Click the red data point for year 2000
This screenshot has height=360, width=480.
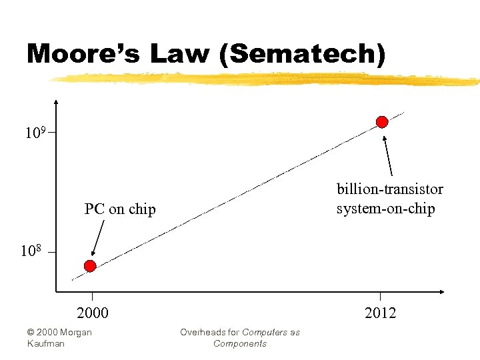tap(90, 266)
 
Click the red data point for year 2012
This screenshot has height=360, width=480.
tap(382, 121)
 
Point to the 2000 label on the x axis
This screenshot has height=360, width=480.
tap(93, 313)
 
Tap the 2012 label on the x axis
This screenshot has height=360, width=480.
tap(380, 313)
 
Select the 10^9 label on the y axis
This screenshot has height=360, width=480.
tap(35, 133)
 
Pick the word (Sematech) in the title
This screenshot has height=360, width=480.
tap(303, 54)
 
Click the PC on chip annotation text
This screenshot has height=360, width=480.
tap(120, 209)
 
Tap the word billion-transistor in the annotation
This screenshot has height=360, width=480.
tap(390, 189)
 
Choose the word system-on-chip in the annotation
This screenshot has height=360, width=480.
tap(385, 209)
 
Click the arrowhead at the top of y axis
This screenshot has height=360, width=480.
tap(56, 103)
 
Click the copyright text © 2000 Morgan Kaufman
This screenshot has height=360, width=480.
tap(59, 337)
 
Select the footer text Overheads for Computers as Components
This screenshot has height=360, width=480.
tap(240, 337)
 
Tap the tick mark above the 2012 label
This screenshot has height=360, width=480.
tap(380, 296)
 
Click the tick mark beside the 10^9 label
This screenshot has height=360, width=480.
tap(51, 133)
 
